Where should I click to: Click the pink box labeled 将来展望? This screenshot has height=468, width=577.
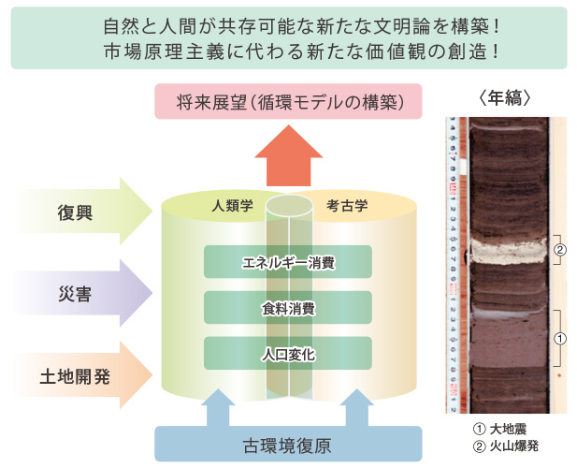(288, 101)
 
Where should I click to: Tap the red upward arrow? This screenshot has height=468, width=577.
(289, 156)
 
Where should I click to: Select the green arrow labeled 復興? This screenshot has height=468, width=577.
(84, 212)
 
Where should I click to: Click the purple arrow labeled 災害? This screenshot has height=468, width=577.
(84, 293)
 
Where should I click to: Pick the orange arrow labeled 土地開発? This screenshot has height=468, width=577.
(84, 375)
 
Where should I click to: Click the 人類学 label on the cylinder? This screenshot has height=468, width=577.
(232, 206)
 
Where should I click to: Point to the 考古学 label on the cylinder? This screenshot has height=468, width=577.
(347, 206)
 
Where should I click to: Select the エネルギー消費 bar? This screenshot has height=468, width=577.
(288, 262)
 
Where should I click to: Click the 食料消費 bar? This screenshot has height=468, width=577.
(288, 307)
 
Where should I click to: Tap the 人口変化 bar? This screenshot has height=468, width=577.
(288, 353)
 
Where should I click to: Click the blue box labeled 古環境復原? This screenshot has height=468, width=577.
(288, 444)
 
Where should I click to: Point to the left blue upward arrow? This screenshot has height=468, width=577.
(218, 408)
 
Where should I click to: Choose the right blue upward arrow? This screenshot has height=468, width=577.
(357, 408)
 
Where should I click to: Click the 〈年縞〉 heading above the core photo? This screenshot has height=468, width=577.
(506, 98)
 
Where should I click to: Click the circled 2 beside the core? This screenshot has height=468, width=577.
(560, 250)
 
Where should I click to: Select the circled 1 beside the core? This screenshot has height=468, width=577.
(560, 339)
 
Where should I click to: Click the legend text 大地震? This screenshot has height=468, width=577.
(508, 429)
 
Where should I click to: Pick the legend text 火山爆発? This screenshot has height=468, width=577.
(514, 446)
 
